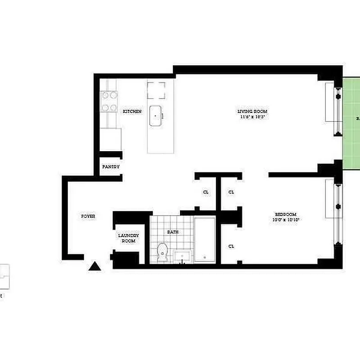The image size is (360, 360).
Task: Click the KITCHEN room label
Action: pyautogui.click(x=132, y=111)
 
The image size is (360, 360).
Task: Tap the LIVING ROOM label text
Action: pyautogui.click(x=252, y=111)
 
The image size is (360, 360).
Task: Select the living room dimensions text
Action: pyautogui.click(x=252, y=117)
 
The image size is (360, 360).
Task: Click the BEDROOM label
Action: pyautogui.click(x=286, y=214)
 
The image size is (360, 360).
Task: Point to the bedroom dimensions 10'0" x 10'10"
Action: pyautogui.click(x=286, y=220)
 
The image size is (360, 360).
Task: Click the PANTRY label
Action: pyautogui.click(x=111, y=166)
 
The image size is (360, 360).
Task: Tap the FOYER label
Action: pyautogui.click(x=88, y=216)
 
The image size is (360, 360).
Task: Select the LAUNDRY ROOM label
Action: pyautogui.click(x=128, y=238)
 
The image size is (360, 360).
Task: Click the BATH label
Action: pyautogui.click(x=173, y=232)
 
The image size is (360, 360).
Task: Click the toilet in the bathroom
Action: pyautogui.click(x=162, y=252)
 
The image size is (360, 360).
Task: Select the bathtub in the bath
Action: pyautogui.click(x=205, y=239)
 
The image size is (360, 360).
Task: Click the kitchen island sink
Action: pyautogui.click(x=156, y=115)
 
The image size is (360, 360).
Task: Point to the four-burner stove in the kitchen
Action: pyautogui.click(x=108, y=101)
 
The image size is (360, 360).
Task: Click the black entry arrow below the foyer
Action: pyautogui.click(x=94, y=266)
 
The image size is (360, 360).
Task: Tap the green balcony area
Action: pyautogui.click(x=351, y=121)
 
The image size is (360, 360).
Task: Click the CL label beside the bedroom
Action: pyautogui.click(x=231, y=246)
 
